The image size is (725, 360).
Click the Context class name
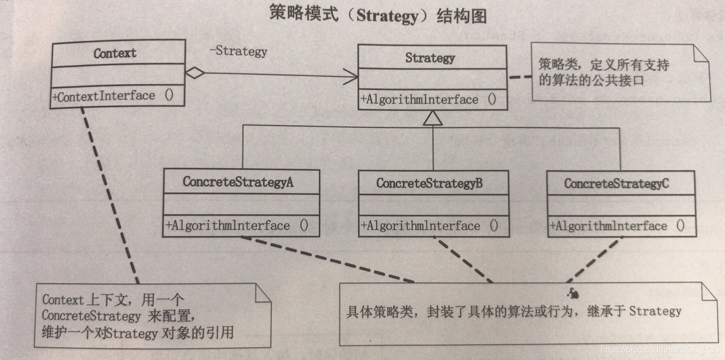coord(115,53)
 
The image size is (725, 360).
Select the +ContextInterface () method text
coord(113,96)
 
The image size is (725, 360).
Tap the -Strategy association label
coord(238,52)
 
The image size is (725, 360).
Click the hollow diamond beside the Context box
coord(194,72)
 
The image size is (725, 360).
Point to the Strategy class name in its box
coord(430,58)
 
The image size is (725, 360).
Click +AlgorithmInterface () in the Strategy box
coord(428,100)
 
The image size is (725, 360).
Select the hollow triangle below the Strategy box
coord(433,117)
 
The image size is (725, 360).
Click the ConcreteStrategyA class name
coord(238,182)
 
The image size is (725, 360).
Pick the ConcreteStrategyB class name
coord(429,183)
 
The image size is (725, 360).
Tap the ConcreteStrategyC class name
coord(616,183)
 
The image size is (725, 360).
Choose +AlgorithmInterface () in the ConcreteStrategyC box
coord(617,226)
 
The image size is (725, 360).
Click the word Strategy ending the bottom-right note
coord(655,311)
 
